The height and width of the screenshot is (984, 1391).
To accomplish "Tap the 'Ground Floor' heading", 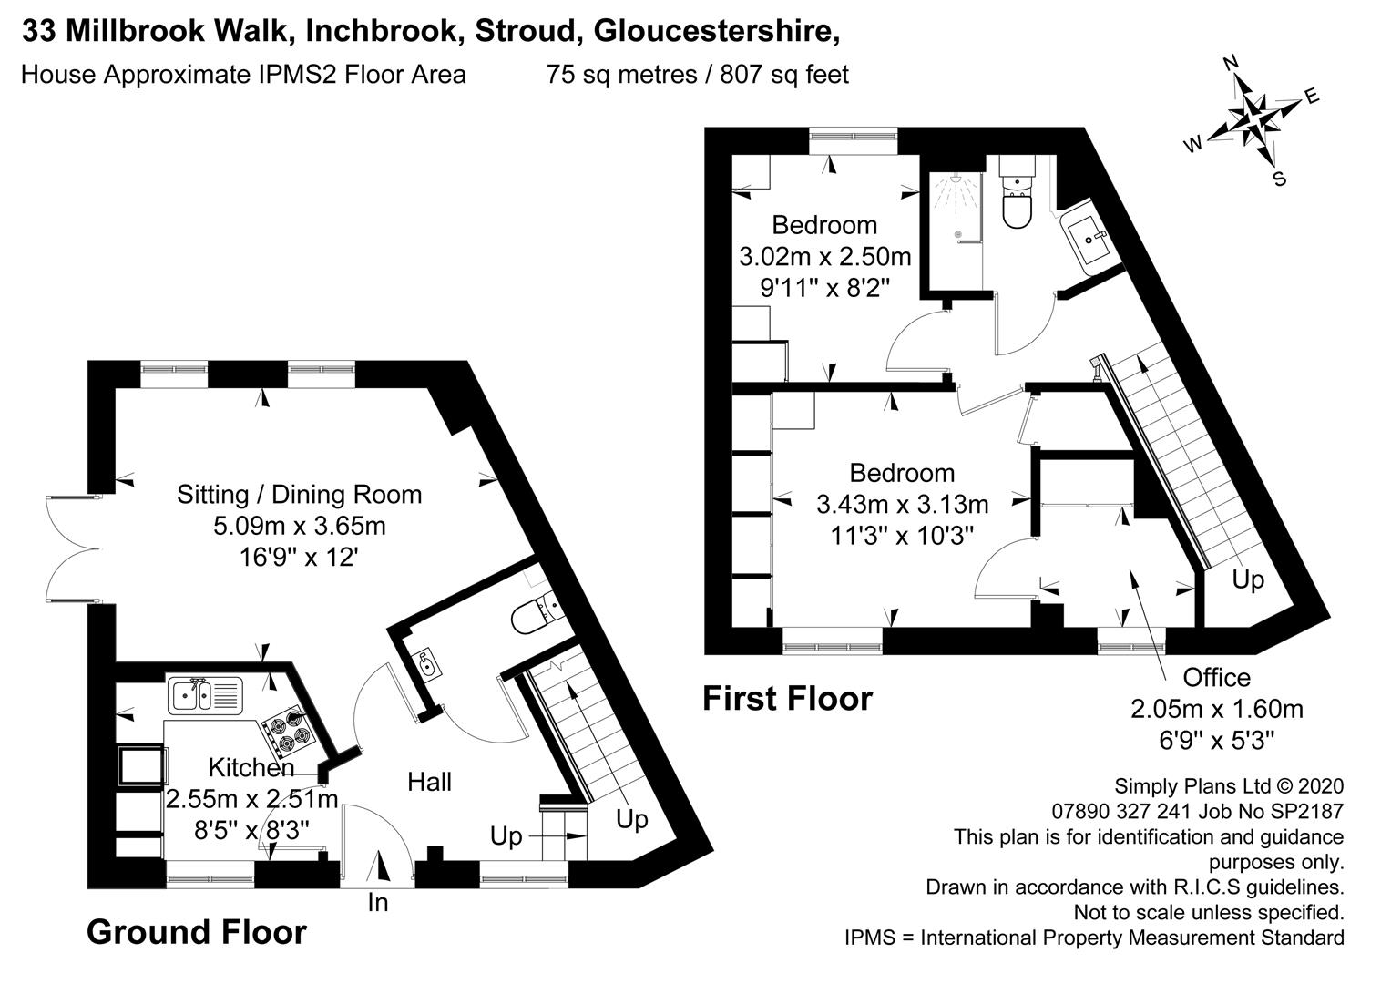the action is click(196, 932).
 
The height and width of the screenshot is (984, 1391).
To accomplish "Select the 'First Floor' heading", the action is click(787, 698).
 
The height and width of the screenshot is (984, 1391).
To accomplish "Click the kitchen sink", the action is click(205, 695).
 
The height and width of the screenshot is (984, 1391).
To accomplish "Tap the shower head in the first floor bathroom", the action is click(955, 180).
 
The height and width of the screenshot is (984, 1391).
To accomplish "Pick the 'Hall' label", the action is click(429, 782).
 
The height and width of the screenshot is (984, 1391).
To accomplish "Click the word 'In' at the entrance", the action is click(377, 903).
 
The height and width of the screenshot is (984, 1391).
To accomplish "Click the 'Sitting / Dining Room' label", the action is click(300, 495).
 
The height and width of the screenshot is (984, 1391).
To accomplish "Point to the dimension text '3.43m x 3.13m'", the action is click(903, 505).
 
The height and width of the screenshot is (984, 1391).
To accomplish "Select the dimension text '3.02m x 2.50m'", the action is click(824, 256).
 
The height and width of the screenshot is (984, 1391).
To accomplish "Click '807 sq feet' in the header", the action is click(783, 75).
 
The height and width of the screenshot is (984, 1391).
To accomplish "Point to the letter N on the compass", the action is click(1230, 63).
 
